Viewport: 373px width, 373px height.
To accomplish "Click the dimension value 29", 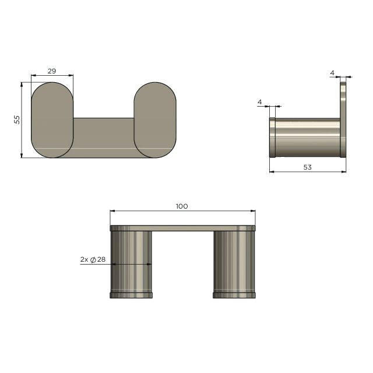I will pyautogui.click(x=51, y=71).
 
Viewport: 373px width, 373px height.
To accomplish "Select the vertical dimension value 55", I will pyautogui.click(x=17, y=119).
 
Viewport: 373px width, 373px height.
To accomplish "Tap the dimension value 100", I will pyautogui.click(x=182, y=206).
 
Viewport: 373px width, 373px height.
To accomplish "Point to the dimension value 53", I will pyautogui.click(x=307, y=167).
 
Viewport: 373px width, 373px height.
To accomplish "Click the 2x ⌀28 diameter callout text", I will pyautogui.click(x=93, y=260).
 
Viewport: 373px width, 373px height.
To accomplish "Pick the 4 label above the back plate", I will pyautogui.click(x=332, y=73).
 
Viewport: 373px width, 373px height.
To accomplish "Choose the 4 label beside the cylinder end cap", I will pyautogui.click(x=259, y=103).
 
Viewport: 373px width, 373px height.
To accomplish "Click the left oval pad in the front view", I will pyautogui.click(x=52, y=119).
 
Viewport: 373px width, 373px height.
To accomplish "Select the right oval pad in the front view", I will pyautogui.click(x=155, y=119).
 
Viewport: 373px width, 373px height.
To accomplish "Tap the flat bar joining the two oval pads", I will pyautogui.click(x=104, y=137).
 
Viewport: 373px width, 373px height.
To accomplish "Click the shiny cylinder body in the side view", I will pyautogui.click(x=307, y=137).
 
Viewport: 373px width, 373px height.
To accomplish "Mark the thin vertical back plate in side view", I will pyautogui.click(x=343, y=119).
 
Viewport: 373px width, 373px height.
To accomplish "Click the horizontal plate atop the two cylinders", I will pyautogui.click(x=182, y=228).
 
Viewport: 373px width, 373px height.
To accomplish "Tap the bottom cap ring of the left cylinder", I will pyautogui.click(x=131, y=295).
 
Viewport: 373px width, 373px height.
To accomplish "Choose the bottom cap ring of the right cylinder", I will pyautogui.click(x=234, y=295).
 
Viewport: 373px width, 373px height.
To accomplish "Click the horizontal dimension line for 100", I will pyautogui.click(x=182, y=212).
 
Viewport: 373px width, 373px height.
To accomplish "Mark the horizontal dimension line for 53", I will pyautogui.click(x=307, y=172).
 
